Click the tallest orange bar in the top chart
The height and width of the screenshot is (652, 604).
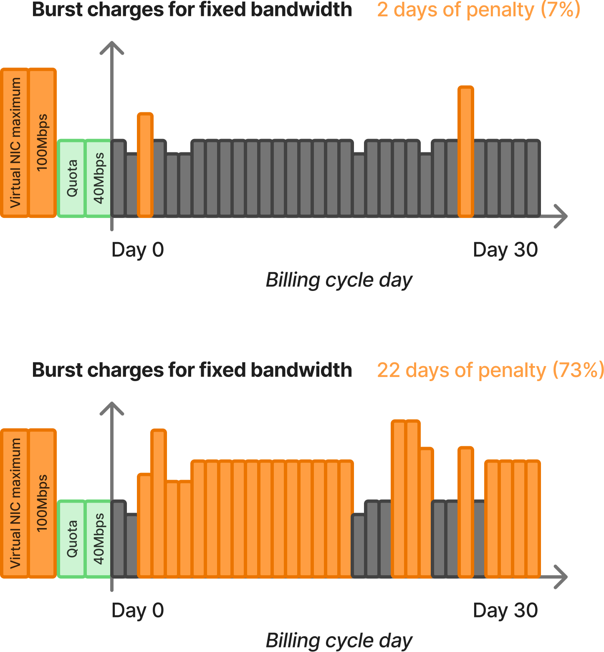pos(465,152)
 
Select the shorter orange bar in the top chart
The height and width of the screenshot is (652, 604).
pos(145,165)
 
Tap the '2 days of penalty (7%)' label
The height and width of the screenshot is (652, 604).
pos(478,10)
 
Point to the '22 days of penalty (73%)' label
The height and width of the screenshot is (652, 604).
pos(490,370)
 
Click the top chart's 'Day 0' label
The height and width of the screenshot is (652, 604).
pos(137,250)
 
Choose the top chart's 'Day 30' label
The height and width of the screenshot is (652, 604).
pos(505,250)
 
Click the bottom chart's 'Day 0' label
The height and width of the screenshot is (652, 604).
pos(137,611)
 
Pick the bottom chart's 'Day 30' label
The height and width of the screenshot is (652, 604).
pos(505,611)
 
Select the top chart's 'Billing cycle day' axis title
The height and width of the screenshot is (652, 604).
pos(339,280)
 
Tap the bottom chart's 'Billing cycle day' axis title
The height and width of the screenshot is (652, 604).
pos(339,641)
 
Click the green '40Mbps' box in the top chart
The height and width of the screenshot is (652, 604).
pos(98,178)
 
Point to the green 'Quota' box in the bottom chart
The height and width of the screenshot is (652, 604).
pos(71,538)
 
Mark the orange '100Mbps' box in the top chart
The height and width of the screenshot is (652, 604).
pos(42,143)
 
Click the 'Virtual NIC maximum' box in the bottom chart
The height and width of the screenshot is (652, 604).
pos(15,503)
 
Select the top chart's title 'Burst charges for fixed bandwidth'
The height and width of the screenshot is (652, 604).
pos(192,10)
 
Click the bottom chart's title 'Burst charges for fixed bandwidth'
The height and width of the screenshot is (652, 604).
pos(192,370)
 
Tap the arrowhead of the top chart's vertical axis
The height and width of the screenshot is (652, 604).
pos(112,47)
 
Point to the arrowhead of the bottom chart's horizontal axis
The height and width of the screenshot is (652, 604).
pos(562,576)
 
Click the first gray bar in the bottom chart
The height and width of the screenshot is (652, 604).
pos(119,538)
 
